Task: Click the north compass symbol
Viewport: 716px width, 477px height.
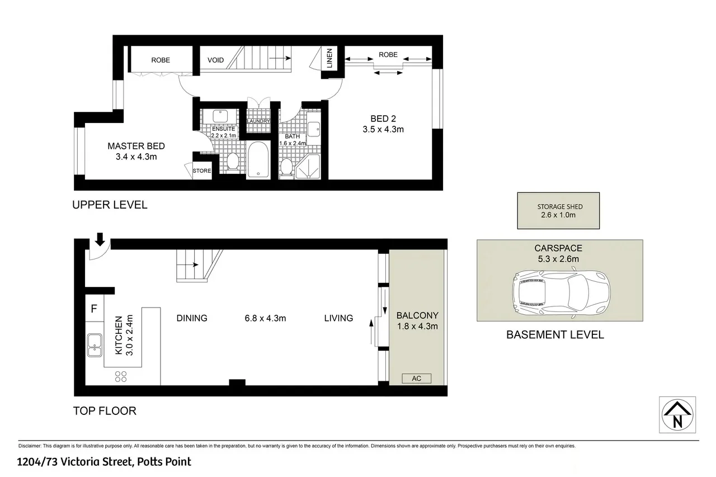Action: (677, 415)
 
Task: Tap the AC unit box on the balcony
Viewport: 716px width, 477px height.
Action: (416, 379)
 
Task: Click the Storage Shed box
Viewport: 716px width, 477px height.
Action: (558, 210)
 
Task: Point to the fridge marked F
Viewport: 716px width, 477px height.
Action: (94, 308)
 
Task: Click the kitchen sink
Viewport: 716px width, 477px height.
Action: (94, 345)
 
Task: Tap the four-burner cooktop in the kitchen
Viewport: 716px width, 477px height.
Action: (120, 376)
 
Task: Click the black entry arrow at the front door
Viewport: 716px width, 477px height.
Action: (100, 239)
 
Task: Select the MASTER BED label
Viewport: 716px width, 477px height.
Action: (136, 152)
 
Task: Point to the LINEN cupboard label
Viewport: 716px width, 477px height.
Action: (329, 58)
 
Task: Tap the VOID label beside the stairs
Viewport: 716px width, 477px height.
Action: (215, 60)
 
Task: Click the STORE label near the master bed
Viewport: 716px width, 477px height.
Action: (202, 171)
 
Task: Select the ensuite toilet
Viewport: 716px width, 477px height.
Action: (233, 162)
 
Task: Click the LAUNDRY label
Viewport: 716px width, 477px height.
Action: (258, 121)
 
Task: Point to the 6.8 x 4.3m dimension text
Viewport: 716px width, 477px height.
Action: (265, 318)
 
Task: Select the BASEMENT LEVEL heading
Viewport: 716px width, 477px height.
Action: (555, 335)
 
